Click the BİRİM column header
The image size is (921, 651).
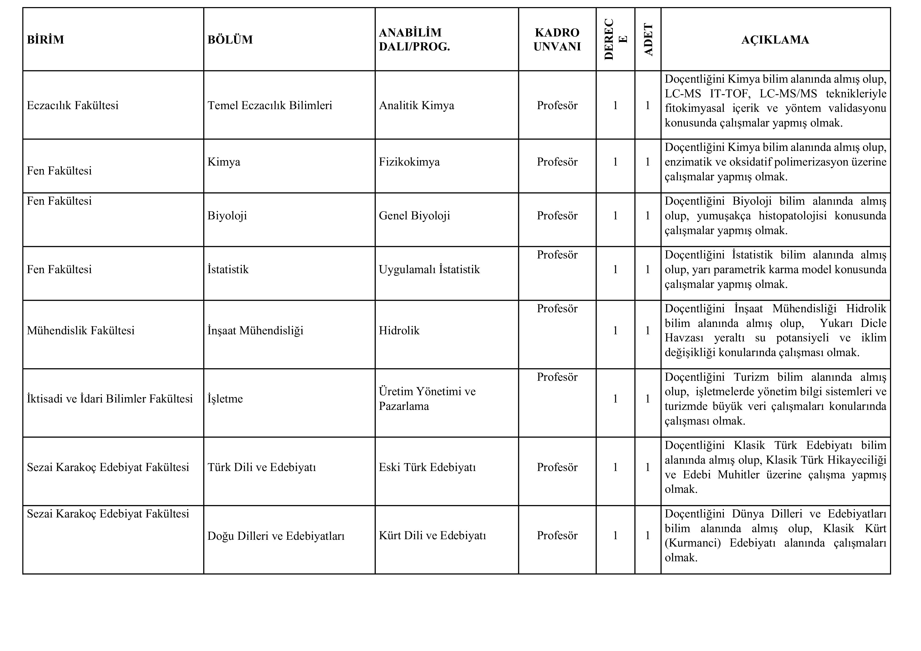tap(45, 40)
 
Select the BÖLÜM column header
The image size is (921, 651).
tap(230, 40)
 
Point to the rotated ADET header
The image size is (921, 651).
tap(648, 40)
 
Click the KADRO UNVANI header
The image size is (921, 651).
tap(557, 40)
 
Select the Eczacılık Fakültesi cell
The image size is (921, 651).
tap(73, 105)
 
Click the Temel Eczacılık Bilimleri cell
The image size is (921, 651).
tap(270, 105)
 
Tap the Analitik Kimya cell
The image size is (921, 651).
tap(416, 105)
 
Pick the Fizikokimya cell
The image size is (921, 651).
tap(409, 162)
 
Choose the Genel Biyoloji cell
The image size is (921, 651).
tap(414, 216)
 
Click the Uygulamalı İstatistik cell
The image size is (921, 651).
tap(429, 269)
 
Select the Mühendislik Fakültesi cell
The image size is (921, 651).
tap(81, 331)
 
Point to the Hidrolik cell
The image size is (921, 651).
tap(399, 331)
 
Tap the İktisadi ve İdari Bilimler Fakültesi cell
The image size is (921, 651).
tap(109, 399)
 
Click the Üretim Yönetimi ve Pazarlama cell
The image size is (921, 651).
tap(427, 399)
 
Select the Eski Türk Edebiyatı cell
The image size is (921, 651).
tap(427, 467)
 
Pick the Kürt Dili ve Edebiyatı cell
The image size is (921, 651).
tap(432, 536)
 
